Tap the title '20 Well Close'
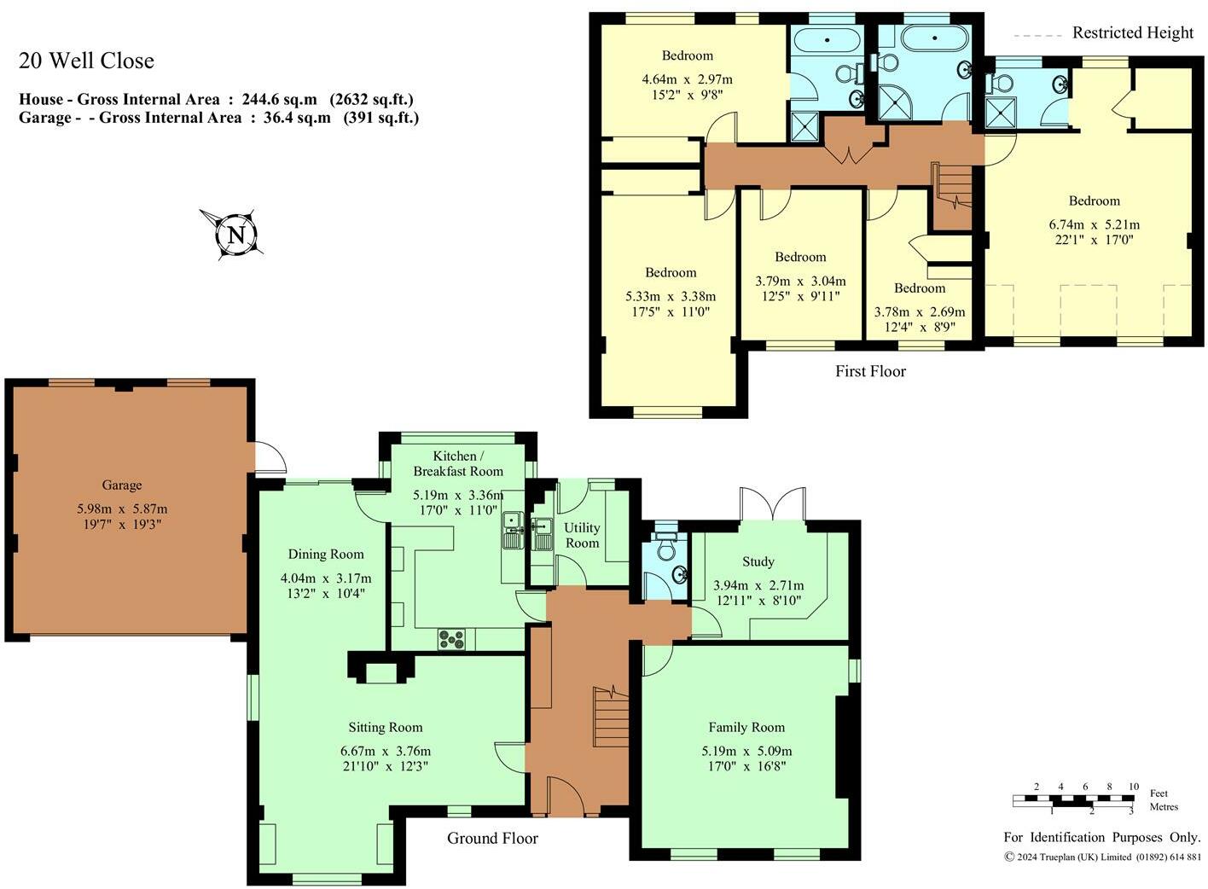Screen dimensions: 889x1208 (86, 61)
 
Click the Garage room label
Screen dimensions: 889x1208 (122, 485)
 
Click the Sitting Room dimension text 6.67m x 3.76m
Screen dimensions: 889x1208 (385, 751)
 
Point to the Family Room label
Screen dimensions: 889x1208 (746, 727)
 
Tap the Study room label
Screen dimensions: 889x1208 (758, 561)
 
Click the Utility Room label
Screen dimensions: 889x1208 (582, 535)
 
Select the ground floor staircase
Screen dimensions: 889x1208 (611, 717)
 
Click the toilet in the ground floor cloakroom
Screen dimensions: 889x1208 (665, 549)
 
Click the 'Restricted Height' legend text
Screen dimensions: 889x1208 (1132, 32)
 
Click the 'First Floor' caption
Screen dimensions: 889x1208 (870, 371)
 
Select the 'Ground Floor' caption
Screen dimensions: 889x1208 (492, 838)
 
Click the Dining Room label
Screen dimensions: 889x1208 (325, 554)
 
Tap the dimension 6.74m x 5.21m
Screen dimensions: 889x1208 (1094, 224)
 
